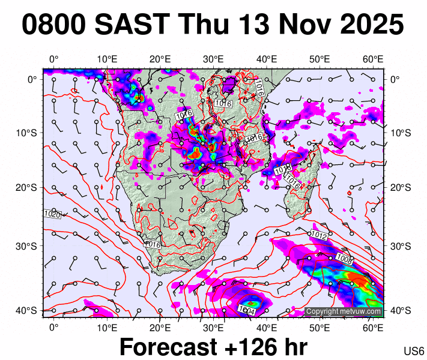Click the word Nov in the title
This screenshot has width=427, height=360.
pos(293,25)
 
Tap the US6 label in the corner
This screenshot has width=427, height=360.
pos(414,350)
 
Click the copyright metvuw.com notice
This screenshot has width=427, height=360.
pos(344,311)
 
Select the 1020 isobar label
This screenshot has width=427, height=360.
pos(52,214)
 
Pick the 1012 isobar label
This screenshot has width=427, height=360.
pos(319,236)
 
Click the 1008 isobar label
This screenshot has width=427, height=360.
pos(345,259)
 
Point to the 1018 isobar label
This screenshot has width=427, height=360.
pos(282,170)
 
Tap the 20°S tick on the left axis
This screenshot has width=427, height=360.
pos(29,187)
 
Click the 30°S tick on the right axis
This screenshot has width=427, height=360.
pos(399,246)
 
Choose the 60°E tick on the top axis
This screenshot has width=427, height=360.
pos(373,59)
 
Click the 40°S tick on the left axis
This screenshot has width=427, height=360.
pos(29,310)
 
